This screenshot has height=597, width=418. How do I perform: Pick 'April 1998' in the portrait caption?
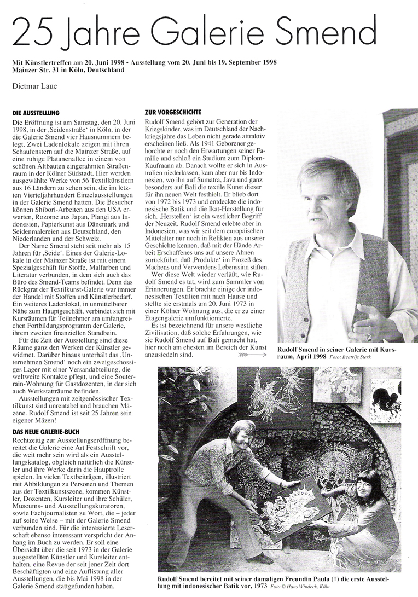(x=312, y=356)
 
